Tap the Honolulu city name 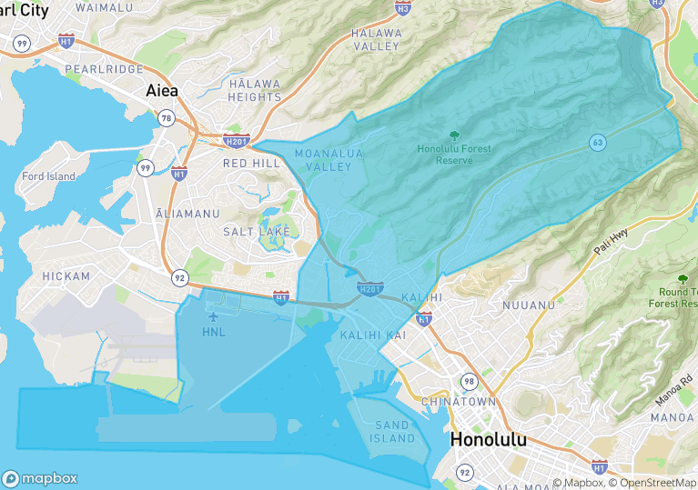pyautogui.click(x=488, y=439)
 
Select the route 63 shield pyautogui.click(x=597, y=143)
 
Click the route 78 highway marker pyautogui.click(x=166, y=118)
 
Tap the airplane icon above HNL pyautogui.click(x=214, y=316)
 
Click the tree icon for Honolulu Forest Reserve pyautogui.click(x=454, y=135)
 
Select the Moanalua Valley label pyautogui.click(x=329, y=160)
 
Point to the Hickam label pyautogui.click(x=66, y=275)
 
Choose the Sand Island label pyautogui.click(x=393, y=432)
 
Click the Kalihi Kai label pyautogui.click(x=372, y=335)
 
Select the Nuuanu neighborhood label pyautogui.click(x=528, y=305)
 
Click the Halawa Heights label pyautogui.click(x=254, y=90)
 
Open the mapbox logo pyautogui.click(x=40, y=478)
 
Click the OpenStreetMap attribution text pyautogui.click(x=652, y=483)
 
